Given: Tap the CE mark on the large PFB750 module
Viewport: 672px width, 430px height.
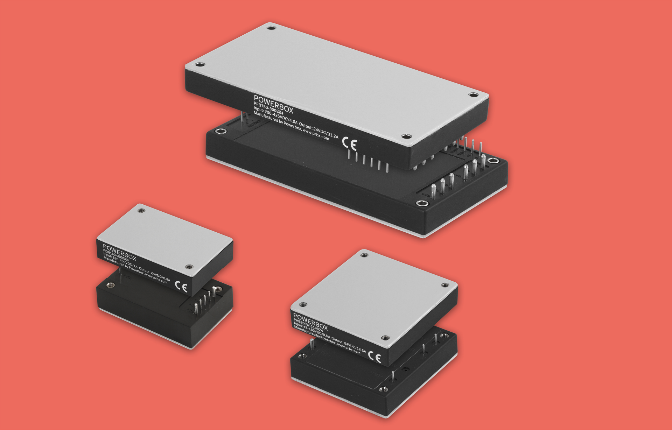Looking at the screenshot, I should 349,144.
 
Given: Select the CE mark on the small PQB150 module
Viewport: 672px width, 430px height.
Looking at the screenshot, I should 181,287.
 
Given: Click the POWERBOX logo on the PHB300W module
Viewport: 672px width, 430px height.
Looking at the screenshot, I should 310,322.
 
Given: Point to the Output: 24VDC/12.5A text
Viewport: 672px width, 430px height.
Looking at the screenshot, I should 348,345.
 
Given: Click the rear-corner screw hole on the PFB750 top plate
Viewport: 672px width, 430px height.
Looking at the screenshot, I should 270,27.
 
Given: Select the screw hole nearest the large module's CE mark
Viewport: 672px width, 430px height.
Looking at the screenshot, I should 406,136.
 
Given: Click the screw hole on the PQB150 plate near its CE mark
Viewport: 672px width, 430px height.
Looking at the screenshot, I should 189,267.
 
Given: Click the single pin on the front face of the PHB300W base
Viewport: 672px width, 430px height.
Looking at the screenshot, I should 393,376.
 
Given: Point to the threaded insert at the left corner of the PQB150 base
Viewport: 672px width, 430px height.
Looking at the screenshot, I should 110,285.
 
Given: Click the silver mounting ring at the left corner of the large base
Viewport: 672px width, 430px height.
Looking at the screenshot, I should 220,132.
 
